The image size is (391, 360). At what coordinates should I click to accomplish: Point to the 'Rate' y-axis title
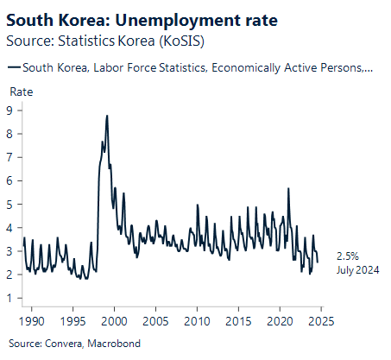(x=21, y=92)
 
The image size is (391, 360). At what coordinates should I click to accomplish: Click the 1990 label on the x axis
(x=31, y=321)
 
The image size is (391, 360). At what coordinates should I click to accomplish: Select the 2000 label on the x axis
(x=114, y=321)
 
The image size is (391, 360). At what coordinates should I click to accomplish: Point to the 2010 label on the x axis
(x=197, y=321)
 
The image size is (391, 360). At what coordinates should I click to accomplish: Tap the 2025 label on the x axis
(x=321, y=321)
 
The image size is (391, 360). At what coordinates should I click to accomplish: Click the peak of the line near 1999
(x=106, y=115)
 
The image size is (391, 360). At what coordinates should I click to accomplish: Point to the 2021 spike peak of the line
(x=287, y=188)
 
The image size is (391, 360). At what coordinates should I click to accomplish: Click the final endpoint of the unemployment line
(x=318, y=262)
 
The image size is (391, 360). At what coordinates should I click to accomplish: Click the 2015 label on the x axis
(x=238, y=321)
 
